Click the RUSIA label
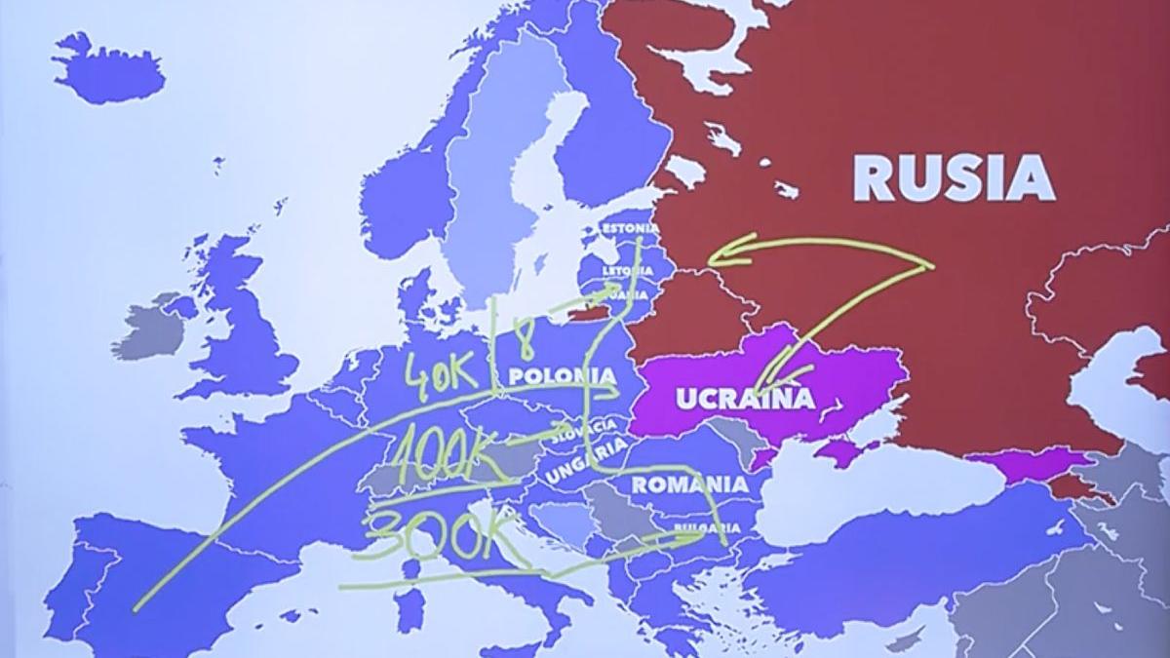[x=954, y=178]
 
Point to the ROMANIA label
[x=690, y=484]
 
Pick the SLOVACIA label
[x=584, y=431]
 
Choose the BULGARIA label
[x=706, y=527]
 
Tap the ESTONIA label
[x=630, y=228]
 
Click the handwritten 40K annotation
[x=441, y=370]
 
